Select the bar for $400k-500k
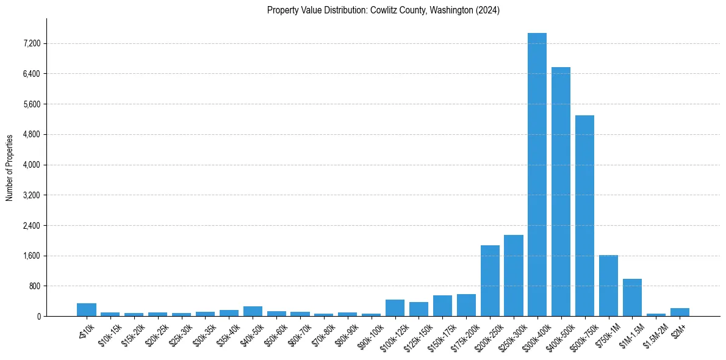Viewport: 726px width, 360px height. pyautogui.click(x=561, y=192)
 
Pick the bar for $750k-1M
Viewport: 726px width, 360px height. pyautogui.click(x=608, y=286)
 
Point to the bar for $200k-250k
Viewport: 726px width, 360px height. pyautogui.click(x=490, y=281)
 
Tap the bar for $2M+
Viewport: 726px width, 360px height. pyautogui.click(x=680, y=312)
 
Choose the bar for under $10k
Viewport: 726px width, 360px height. pyautogui.click(x=87, y=310)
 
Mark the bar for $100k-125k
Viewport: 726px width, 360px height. pyautogui.click(x=395, y=308)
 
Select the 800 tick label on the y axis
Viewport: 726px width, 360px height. pyautogui.click(x=34, y=286)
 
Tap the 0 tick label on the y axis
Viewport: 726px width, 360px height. pyautogui.click(x=38, y=316)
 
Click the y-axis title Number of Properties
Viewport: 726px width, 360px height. pyautogui.click(x=10, y=168)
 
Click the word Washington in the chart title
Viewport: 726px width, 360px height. pyautogui.click(x=447, y=10)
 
